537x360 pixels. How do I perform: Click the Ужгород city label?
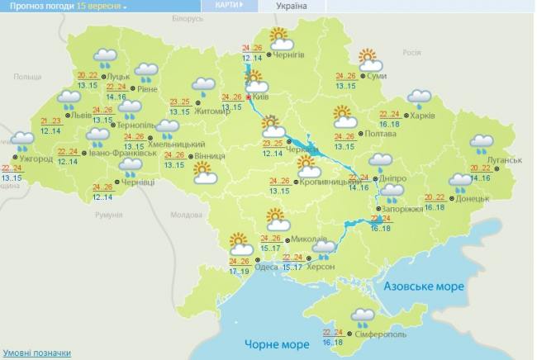tap(37, 159)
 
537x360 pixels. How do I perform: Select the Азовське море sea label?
tap(423, 287)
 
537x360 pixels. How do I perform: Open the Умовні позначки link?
tap(36, 353)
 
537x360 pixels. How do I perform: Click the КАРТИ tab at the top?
tap(229, 6)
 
